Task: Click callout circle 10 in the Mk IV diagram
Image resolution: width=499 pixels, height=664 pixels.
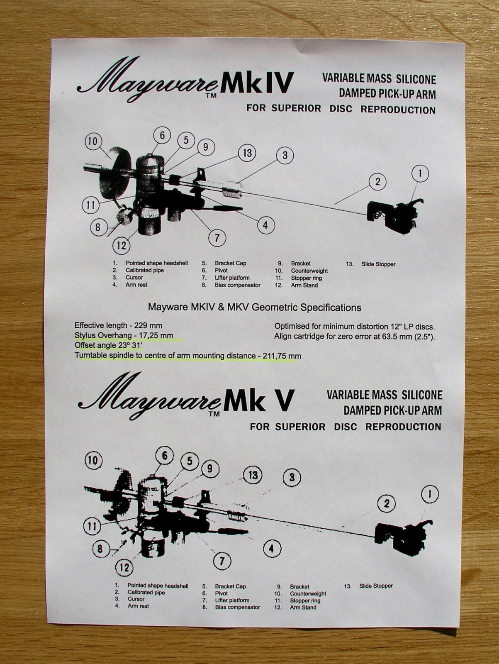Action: [x=92, y=142]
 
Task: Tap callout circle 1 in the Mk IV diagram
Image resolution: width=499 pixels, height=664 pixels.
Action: [x=421, y=173]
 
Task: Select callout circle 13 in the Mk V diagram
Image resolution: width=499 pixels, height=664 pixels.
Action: [x=253, y=475]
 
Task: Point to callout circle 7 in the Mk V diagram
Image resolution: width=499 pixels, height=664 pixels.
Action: [x=222, y=561]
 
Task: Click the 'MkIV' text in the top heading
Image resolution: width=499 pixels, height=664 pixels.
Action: [x=257, y=82]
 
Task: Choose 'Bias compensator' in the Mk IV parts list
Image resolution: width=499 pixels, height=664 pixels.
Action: [x=237, y=285]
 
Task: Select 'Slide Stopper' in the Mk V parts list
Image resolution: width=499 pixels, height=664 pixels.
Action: [x=376, y=586]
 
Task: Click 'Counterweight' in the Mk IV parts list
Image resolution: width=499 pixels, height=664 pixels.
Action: [x=309, y=271]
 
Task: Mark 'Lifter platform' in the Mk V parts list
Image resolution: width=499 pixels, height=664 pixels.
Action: [x=232, y=600]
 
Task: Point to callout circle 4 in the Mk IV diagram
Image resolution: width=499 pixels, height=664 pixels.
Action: [x=265, y=225]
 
